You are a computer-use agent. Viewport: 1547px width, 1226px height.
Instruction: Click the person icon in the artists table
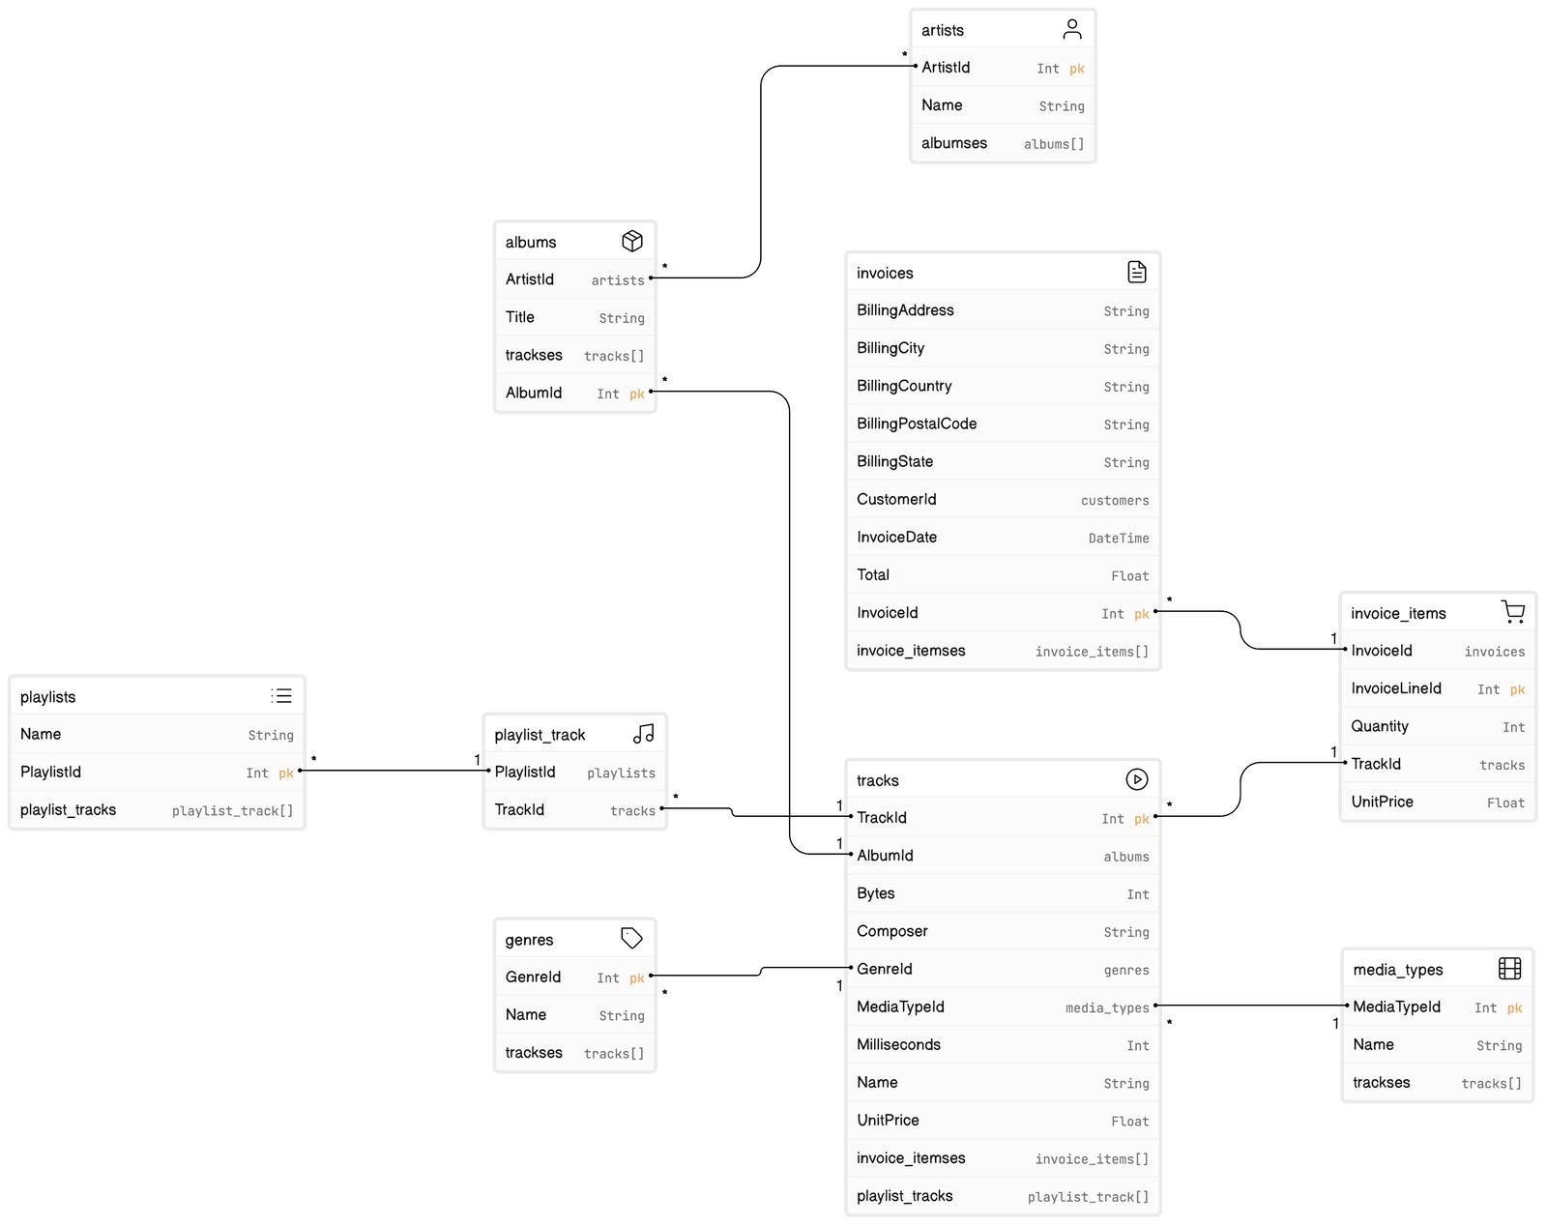click(1071, 29)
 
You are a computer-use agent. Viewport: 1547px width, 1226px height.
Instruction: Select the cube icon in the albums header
click(632, 241)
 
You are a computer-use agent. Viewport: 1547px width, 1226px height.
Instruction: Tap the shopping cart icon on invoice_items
click(1512, 611)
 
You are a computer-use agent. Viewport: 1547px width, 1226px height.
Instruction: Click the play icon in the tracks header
click(1136, 778)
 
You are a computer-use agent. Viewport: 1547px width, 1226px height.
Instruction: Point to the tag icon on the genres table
click(631, 938)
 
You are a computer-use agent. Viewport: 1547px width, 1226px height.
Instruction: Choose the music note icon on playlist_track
click(643, 734)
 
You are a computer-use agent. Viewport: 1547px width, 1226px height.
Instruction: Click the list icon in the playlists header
click(281, 695)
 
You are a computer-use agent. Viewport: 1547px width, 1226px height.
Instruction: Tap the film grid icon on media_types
click(1509, 968)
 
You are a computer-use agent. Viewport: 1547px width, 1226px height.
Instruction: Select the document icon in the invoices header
click(1136, 272)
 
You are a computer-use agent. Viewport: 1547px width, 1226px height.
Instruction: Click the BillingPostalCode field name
click(917, 423)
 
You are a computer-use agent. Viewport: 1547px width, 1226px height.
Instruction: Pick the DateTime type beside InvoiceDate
click(1118, 538)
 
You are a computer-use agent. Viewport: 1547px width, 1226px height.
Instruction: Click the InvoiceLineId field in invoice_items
click(1396, 688)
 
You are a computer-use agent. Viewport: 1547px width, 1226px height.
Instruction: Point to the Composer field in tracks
click(892, 931)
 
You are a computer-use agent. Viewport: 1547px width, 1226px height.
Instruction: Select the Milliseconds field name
click(898, 1044)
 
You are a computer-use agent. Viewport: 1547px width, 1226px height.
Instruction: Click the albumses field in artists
click(954, 143)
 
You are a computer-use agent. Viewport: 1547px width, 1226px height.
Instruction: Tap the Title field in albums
click(520, 317)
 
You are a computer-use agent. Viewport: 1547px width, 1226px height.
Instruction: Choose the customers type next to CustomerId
click(1115, 501)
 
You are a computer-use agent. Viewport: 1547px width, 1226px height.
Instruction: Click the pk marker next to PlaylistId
click(286, 773)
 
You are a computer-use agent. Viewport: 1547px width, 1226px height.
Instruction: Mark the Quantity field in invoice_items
click(1380, 726)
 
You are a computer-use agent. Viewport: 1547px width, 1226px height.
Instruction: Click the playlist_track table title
click(540, 735)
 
